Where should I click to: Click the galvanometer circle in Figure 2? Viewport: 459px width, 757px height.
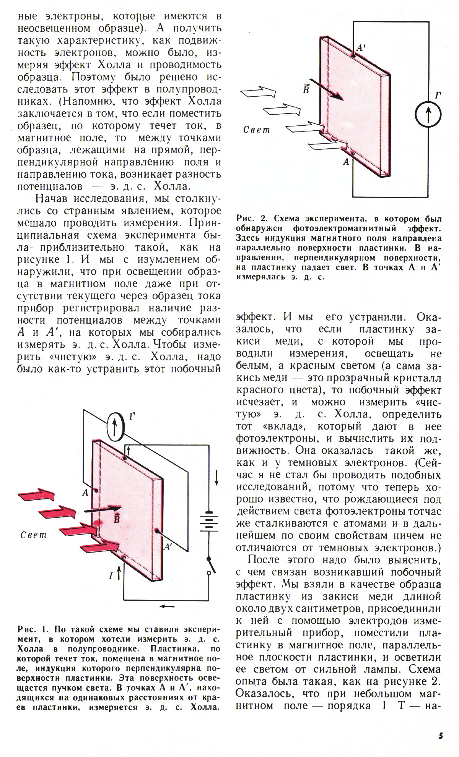(x=428, y=114)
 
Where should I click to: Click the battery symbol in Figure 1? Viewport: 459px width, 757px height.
(x=209, y=520)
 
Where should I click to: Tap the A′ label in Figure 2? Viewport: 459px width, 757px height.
(x=361, y=48)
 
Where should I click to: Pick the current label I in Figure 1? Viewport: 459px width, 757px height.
(x=111, y=575)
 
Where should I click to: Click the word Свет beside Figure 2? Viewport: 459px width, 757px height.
(x=257, y=130)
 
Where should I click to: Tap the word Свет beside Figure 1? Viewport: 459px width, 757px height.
(x=33, y=535)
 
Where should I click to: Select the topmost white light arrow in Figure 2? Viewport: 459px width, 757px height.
(x=258, y=92)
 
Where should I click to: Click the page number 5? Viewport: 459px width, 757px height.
(x=441, y=736)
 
